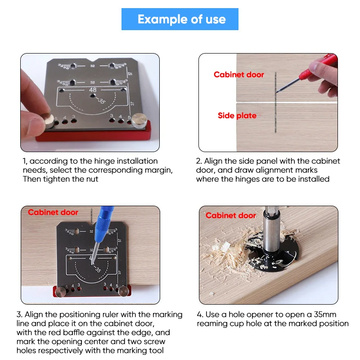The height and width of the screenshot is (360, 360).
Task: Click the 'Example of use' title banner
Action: point(180,19)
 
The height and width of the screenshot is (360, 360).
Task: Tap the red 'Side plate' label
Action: point(237,116)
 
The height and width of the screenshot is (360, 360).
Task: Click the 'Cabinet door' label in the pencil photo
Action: point(238,75)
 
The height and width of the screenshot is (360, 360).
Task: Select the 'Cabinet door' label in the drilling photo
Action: point(230,216)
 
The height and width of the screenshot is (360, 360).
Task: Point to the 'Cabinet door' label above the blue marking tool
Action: point(53,212)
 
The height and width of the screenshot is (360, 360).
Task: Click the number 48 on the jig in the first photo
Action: point(93,90)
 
